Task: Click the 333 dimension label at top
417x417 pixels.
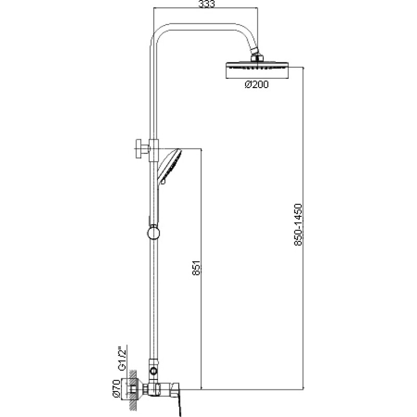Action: pyautogui.click(x=206, y=4)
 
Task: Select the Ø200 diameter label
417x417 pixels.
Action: pyautogui.click(x=256, y=84)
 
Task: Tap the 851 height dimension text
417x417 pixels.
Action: pyautogui.click(x=197, y=268)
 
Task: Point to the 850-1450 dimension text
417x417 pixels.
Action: pyautogui.click(x=298, y=225)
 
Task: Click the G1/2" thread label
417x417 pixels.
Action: pyautogui.click(x=122, y=358)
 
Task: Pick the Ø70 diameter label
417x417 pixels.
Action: pyautogui.click(x=116, y=388)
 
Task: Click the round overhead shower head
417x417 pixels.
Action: pyautogui.click(x=257, y=70)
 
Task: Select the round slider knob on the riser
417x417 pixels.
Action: pyautogui.click(x=153, y=233)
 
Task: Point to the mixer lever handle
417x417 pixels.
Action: pyautogui.click(x=178, y=398)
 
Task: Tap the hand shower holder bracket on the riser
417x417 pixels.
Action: pyautogui.click(x=154, y=150)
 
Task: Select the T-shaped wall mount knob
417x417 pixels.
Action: pyautogui.click(x=142, y=149)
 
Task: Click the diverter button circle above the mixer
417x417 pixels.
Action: pyautogui.click(x=153, y=371)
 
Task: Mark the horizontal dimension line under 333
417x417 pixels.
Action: pyautogui.click(x=205, y=8)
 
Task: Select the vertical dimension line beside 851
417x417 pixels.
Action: pyautogui.click(x=201, y=269)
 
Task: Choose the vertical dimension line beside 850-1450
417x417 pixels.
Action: pyautogui.click(x=303, y=228)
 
